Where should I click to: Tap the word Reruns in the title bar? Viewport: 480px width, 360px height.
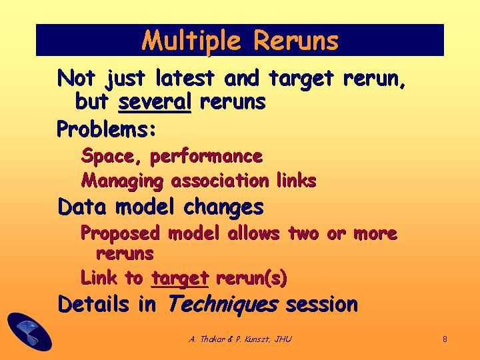coord(296,41)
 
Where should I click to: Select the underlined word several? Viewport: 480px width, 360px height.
coord(155,101)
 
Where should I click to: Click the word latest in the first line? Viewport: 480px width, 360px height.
coord(185,78)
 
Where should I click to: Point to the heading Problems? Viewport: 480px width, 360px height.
coord(106,129)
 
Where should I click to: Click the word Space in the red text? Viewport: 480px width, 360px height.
coord(107,157)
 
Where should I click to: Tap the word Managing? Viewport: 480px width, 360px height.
coord(122,181)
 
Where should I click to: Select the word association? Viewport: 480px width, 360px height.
coord(220,181)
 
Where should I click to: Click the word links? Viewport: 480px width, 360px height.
coord(296,180)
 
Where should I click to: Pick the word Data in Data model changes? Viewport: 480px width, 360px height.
coord(82,207)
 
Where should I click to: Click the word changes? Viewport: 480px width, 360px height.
coord(223,208)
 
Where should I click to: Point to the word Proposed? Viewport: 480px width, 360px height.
coord(120,234)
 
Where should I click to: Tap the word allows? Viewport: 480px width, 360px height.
coord(254,233)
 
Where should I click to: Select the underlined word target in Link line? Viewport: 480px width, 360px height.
coord(180,279)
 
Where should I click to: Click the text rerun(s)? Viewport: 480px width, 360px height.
coord(251,278)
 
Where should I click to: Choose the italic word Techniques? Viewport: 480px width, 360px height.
coord(223,305)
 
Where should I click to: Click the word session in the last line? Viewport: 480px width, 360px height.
coord(322,305)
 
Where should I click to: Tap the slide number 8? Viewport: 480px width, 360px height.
coord(445,339)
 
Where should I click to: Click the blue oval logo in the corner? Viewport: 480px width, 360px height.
coord(29,332)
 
